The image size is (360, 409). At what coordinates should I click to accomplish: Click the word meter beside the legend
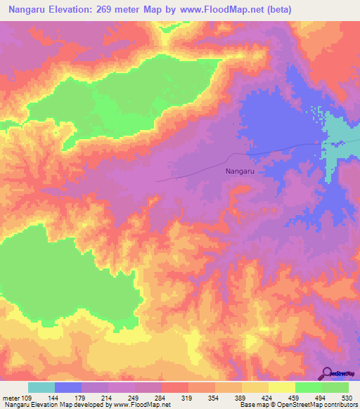pyautogui.click(x=10, y=398)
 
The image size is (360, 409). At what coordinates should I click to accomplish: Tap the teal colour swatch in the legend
pyautogui.click(x=41, y=387)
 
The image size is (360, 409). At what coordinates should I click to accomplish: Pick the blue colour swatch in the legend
pyautogui.click(x=68, y=387)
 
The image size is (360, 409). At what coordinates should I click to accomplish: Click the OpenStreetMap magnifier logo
pyautogui.click(x=326, y=374)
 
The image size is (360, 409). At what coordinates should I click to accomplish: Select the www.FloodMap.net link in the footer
pyautogui.click(x=140, y=405)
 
